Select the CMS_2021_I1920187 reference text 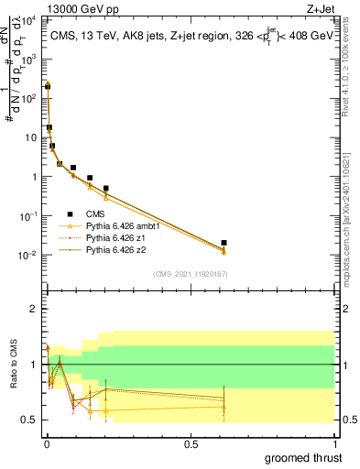190,273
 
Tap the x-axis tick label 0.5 191,442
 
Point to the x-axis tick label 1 333,442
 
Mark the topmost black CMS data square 48,86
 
